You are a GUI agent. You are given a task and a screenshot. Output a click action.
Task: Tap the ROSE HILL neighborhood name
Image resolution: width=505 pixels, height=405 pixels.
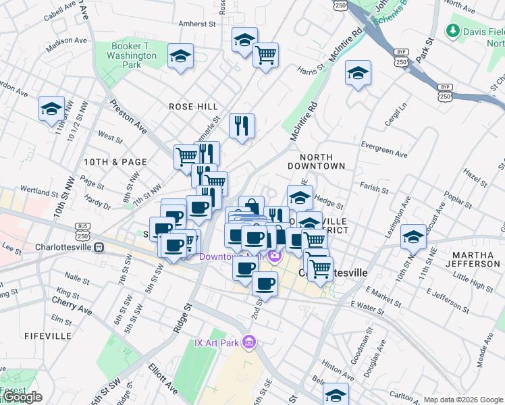(x=193, y=107)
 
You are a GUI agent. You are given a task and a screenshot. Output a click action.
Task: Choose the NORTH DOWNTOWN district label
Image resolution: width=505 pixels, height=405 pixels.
(x=316, y=161)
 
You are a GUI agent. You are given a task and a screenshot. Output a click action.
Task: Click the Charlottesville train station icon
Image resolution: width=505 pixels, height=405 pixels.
(x=99, y=246)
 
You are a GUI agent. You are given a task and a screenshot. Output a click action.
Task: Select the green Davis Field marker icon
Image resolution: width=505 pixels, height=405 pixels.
(x=452, y=31)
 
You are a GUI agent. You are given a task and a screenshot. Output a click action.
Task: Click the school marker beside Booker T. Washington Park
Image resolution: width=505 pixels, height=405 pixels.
(x=180, y=57)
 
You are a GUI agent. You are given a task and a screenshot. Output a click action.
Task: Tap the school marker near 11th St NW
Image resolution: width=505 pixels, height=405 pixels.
(x=51, y=109)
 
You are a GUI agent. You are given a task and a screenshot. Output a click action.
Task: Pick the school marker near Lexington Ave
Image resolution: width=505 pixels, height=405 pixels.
(x=413, y=237)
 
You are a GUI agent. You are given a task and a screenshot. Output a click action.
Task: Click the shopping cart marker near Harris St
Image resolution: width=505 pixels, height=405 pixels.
(x=265, y=54)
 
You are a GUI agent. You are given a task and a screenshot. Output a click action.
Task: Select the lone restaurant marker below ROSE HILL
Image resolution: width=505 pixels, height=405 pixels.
(x=241, y=126)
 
